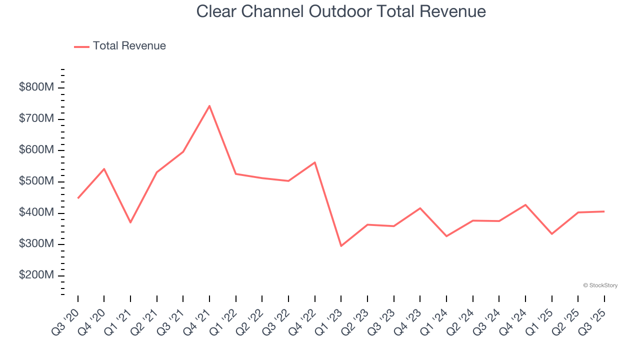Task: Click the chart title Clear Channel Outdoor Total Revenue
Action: [341, 11]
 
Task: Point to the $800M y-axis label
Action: [36, 87]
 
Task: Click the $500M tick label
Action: [36, 181]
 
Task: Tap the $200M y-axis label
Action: [36, 275]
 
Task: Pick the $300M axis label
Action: [36, 244]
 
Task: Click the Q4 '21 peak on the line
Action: [209, 105]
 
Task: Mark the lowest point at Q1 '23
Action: [341, 246]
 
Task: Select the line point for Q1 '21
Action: [130, 222]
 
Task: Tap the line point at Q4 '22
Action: [315, 162]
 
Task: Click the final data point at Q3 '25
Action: [604, 211]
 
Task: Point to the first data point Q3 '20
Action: [78, 198]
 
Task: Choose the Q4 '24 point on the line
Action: [525, 204]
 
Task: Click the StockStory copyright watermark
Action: [600, 285]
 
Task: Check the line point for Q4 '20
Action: [104, 169]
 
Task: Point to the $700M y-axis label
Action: [36, 119]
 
